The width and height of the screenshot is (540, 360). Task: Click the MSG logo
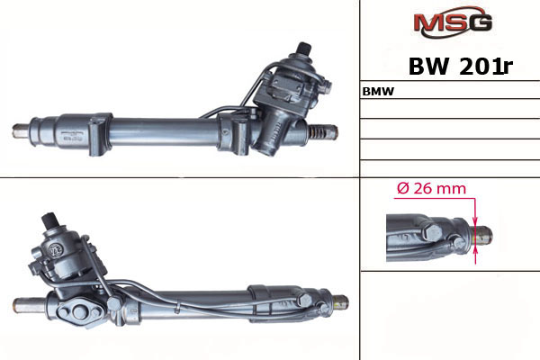coord(454,22)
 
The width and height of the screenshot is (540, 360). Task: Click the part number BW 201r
coord(461,66)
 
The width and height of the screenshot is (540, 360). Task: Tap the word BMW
coord(378,92)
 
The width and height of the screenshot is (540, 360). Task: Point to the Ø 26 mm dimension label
coord(431,188)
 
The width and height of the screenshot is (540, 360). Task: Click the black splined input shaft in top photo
coord(304,49)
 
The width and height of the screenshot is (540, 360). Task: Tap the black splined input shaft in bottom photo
coord(49,220)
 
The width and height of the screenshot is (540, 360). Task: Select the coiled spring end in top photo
coord(317,132)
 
